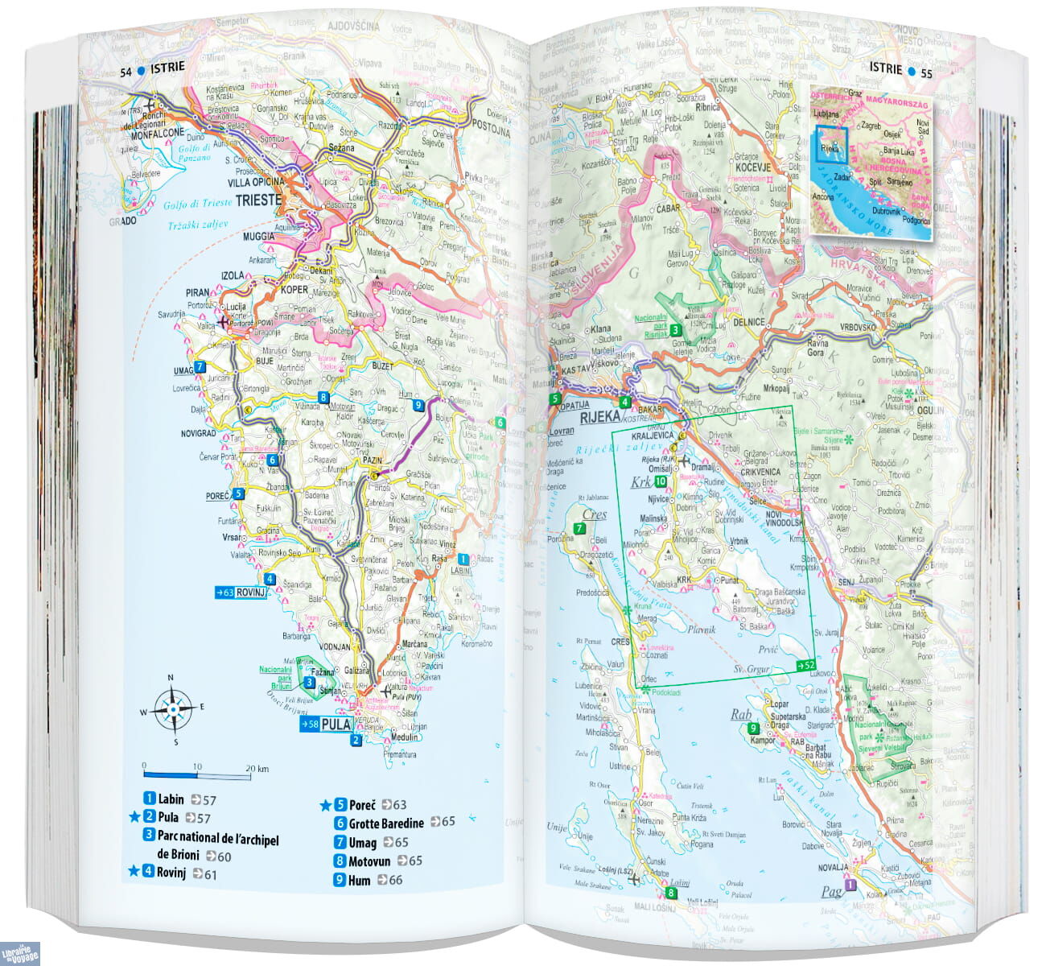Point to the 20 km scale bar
click(x=197, y=775)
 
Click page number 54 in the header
click(x=126, y=72)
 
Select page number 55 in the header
click(x=926, y=72)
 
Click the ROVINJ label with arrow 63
click(x=240, y=593)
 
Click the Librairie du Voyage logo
click(x=20, y=952)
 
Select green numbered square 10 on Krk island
click(x=660, y=482)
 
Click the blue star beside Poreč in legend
click(x=326, y=804)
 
